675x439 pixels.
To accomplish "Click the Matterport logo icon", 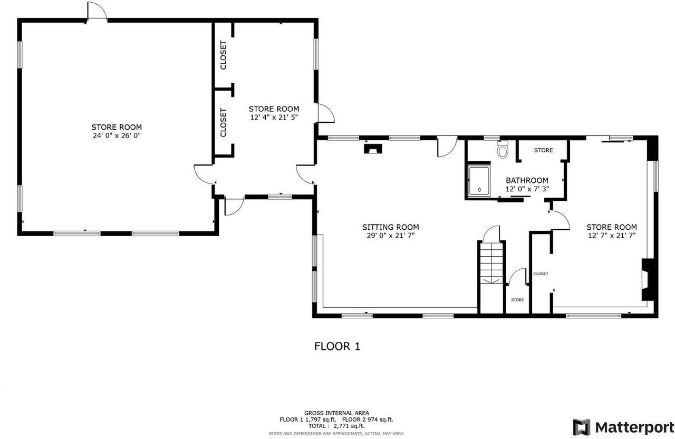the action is (x=581, y=427).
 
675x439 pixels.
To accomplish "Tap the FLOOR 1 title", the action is (x=337, y=346).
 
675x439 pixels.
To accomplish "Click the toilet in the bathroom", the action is (x=503, y=149).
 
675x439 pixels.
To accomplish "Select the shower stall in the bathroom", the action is (x=479, y=181).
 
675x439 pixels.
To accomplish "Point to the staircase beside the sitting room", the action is (x=491, y=277).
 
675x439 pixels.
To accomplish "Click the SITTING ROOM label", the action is (x=391, y=227).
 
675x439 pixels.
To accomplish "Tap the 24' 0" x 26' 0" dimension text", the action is (x=117, y=135).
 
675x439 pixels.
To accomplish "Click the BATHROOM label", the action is (x=527, y=180).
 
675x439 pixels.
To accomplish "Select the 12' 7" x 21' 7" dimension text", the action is (x=612, y=236).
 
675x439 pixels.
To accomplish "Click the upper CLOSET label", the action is (x=223, y=55).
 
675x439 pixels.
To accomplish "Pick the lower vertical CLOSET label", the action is (x=223, y=123).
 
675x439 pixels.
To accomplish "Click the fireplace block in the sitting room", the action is (x=373, y=149).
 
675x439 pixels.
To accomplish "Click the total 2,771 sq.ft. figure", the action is (x=349, y=426).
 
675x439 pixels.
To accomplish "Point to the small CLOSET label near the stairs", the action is (x=541, y=274).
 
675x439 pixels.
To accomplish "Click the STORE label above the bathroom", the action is (x=543, y=150).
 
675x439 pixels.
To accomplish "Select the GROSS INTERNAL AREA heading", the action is (x=336, y=413).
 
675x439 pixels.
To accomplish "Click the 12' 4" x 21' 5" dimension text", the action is (x=274, y=117).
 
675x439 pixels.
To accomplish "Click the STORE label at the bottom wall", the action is (x=517, y=300).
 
